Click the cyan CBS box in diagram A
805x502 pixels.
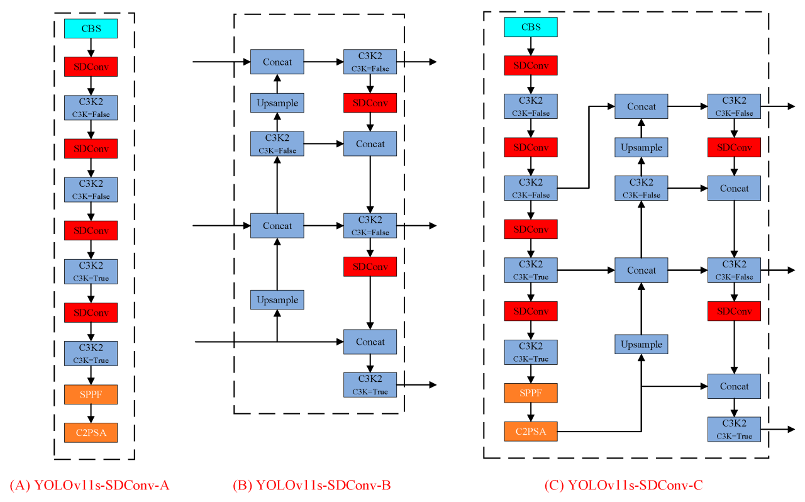click(91, 29)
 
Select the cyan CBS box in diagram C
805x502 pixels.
click(531, 27)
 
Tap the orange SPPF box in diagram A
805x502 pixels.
click(91, 394)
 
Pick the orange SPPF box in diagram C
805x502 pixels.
click(531, 393)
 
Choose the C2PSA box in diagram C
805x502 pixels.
click(531, 432)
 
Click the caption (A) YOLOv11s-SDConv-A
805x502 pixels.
click(89, 485)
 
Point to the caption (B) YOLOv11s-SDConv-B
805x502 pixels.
click(312, 485)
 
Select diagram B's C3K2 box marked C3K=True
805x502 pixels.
click(370, 384)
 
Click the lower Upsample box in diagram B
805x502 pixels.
click(277, 299)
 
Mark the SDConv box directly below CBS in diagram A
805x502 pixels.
click(91, 67)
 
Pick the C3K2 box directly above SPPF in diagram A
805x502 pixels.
click(91, 353)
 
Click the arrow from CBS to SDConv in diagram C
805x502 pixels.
click(531, 46)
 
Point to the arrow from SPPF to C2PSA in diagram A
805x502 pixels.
click(91, 413)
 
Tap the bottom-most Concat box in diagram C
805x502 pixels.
click(734, 386)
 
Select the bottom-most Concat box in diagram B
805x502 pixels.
click(370, 342)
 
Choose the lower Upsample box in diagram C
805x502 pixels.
click(641, 344)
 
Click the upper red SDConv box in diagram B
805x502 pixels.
click(370, 103)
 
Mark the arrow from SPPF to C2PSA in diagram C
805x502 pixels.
click(531, 413)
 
